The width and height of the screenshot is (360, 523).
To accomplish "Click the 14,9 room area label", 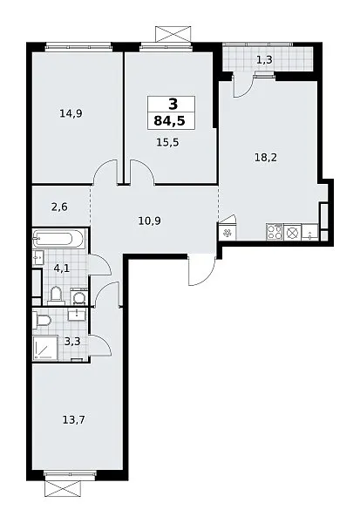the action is tap(71, 113).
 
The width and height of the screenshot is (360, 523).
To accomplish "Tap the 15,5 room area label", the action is tap(167, 142).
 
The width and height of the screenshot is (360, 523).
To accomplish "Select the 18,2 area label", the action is tap(266, 157).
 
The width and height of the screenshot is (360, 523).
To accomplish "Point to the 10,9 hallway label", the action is tap(149, 221).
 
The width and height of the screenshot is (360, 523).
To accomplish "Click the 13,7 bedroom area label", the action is tap(74, 419).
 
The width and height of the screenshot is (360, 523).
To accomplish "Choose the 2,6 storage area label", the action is tap(59, 207).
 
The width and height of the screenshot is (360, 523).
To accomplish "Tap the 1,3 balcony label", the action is tap(264, 60).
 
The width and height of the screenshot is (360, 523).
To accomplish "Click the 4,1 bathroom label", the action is tap(61, 268).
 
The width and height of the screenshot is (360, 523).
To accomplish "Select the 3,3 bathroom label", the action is tap(72, 342).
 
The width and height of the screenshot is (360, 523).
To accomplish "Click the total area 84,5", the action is tap(169, 121).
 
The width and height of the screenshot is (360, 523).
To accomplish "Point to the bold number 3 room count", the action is tap(173, 105).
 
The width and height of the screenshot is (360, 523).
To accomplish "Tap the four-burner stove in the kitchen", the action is tap(275, 232).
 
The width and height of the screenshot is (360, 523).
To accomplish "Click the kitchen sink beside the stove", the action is tap(310, 232).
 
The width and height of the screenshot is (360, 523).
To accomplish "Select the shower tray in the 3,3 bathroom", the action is tap(45, 348).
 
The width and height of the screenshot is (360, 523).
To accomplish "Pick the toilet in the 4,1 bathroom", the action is tap(56, 295).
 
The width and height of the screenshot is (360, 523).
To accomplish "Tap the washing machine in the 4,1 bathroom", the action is tap(79, 296).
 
